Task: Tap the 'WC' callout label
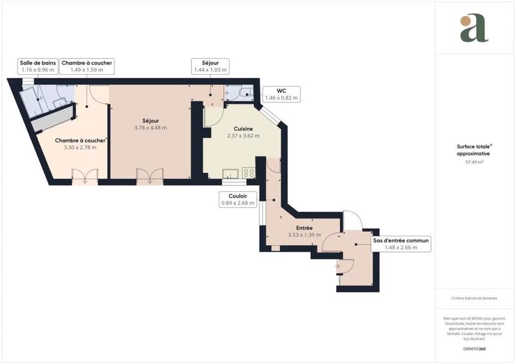tap(282, 94)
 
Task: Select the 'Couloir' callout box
tap(238, 199)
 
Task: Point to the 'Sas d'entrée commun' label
tap(401, 244)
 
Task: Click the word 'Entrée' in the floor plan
tap(304, 228)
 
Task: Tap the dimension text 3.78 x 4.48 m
tap(150, 128)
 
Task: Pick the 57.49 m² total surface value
tap(475, 162)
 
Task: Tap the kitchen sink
tap(230, 173)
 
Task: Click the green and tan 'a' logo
tap(474, 28)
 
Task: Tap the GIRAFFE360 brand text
tap(475, 348)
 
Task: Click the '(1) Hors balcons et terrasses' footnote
tap(475, 298)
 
